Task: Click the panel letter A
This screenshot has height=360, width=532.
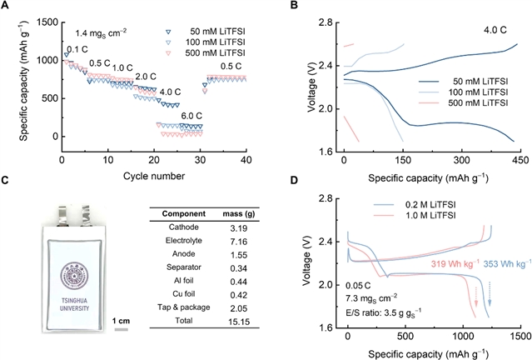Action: (x=7, y=7)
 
